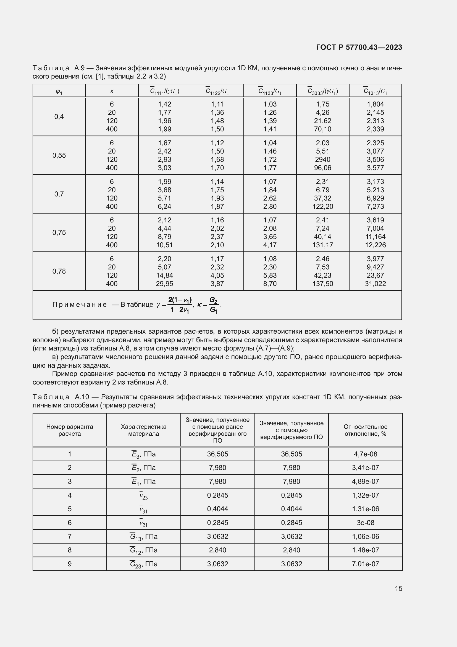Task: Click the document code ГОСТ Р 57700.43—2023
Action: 359,47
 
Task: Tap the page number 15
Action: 398,588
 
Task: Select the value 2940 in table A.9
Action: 322,160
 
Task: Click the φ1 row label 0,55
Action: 59,155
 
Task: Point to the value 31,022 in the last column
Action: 375,284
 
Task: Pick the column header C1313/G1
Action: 375,91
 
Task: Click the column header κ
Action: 112,91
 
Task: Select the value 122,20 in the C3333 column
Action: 322,207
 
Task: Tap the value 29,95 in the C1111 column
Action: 164,284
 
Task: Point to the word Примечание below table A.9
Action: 80,305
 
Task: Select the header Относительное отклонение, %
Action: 365,430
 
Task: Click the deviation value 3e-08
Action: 365,523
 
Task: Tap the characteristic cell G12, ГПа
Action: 143,550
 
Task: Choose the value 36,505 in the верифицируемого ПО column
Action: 291,454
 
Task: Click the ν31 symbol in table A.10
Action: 143,509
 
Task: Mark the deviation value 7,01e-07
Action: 365,564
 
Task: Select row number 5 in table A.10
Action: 70,509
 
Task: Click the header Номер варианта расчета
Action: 70,430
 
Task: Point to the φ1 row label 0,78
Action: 59,271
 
